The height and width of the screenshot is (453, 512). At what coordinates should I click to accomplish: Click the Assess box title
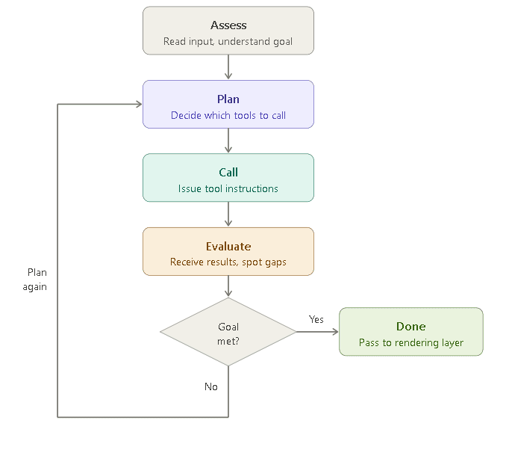(x=228, y=25)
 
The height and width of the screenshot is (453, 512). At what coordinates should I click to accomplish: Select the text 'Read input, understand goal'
(x=228, y=41)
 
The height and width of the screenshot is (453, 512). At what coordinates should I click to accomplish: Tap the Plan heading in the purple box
(x=228, y=99)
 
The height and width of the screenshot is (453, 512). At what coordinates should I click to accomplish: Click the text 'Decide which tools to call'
(x=228, y=115)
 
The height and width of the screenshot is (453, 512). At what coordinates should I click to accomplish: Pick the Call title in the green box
(x=228, y=173)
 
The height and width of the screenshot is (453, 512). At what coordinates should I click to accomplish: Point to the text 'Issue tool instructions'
(x=228, y=188)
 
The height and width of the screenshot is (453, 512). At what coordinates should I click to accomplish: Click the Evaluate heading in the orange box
(x=228, y=247)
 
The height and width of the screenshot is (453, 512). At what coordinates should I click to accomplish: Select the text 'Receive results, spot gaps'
(x=228, y=262)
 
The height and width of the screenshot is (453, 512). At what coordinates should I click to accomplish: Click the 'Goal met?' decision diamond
(x=228, y=333)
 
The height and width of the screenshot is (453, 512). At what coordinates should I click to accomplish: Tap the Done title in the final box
(x=411, y=327)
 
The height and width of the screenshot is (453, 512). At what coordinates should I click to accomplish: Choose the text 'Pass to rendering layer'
(x=411, y=343)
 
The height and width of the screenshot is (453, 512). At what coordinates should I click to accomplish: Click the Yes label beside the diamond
(x=316, y=319)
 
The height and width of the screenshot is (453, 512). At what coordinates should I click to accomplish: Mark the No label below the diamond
(x=211, y=386)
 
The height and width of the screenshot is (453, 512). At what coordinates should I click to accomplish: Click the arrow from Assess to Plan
(x=228, y=67)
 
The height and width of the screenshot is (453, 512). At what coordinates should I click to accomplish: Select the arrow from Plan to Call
(x=228, y=141)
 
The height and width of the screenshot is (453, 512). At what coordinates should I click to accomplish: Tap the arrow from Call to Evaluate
(x=228, y=215)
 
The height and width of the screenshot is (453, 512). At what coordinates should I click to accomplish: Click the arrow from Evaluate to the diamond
(x=228, y=287)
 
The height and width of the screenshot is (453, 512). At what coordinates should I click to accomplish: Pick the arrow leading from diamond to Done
(x=317, y=332)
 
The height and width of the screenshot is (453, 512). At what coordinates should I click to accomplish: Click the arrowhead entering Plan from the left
(x=138, y=104)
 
